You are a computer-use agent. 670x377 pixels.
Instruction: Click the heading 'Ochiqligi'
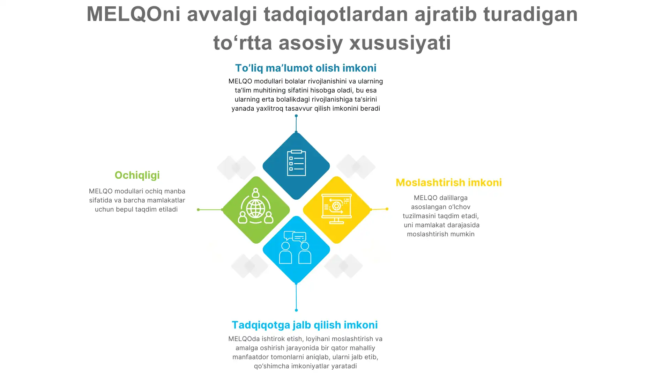pyautogui.click(x=137, y=175)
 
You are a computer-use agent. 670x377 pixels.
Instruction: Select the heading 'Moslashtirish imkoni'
pyautogui.click(x=449, y=182)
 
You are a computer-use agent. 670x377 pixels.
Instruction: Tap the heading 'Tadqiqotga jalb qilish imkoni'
pyautogui.click(x=305, y=325)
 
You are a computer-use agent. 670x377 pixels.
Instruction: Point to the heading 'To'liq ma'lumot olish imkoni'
pyautogui.click(x=306, y=68)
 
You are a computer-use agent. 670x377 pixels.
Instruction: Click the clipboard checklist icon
pyautogui.click(x=296, y=163)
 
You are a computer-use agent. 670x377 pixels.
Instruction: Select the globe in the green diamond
pyautogui.click(x=256, y=209)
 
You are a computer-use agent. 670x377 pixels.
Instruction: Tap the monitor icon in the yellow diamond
pyautogui.click(x=336, y=209)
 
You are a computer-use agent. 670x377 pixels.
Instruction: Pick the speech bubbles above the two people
pyautogui.click(x=295, y=237)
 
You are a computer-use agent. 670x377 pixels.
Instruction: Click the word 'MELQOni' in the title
pyautogui.click(x=133, y=14)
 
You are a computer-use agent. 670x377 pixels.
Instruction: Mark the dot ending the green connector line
pyautogui.click(x=198, y=210)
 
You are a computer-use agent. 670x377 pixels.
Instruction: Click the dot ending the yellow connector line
pyautogui.click(x=387, y=209)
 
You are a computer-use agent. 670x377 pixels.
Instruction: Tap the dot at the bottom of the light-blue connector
pyautogui.click(x=296, y=310)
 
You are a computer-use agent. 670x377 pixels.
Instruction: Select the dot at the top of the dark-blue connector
pyautogui.click(x=296, y=116)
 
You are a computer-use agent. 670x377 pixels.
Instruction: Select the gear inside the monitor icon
pyautogui.click(x=336, y=206)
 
